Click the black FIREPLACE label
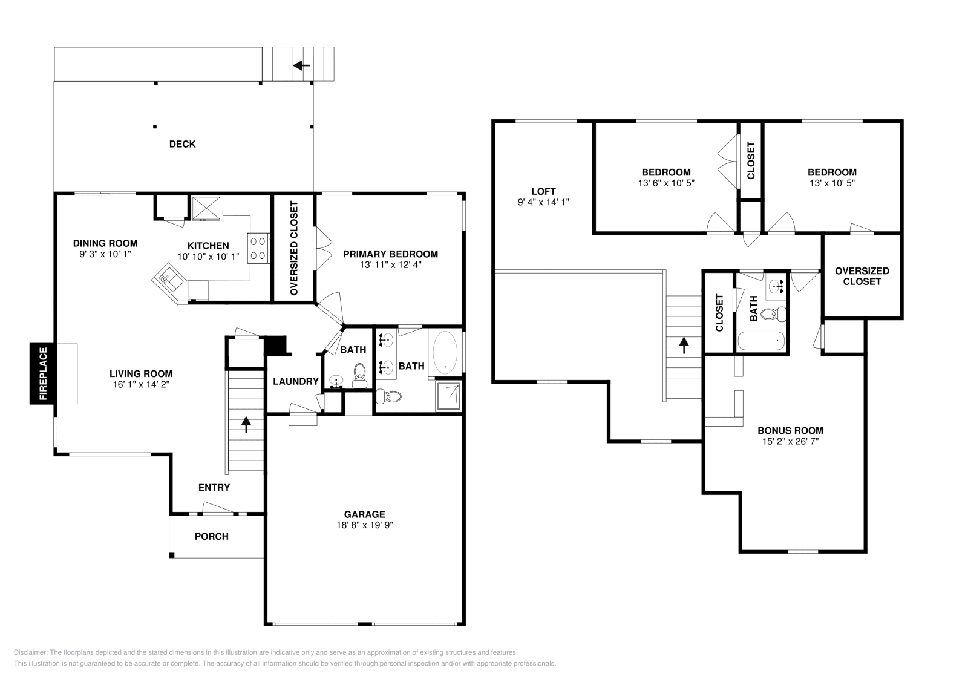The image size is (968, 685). coord(43,373)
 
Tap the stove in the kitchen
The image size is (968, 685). coord(258,248)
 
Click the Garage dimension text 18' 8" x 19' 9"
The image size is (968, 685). coord(365,525)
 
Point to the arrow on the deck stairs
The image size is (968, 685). coord(301,65)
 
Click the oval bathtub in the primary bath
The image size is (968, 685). coord(446,352)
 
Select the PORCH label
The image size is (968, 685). coord(212,536)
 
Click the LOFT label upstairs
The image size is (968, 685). coord(543,192)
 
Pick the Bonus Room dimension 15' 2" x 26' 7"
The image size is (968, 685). coord(790,442)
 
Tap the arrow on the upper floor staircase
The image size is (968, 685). coord(684,345)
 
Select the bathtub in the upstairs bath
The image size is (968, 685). coord(762,341)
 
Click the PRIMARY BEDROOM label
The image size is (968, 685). coord(390,254)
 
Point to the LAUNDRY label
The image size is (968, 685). coord(295,381)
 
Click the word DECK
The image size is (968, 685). coord(182,144)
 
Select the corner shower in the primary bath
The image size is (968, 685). coord(448,396)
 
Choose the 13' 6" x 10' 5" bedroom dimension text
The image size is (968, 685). coord(666,182)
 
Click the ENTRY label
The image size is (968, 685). coord(214,487)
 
